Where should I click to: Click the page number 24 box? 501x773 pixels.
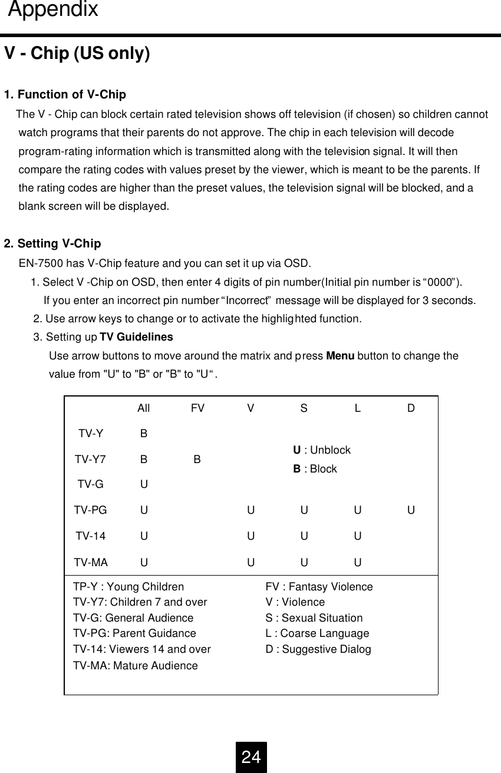coord(251,757)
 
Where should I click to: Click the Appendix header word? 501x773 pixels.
coord(54,11)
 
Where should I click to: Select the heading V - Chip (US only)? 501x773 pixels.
coord(77,54)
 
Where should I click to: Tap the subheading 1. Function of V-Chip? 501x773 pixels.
coord(65,95)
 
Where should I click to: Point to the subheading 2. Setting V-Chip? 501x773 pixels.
coord(52,244)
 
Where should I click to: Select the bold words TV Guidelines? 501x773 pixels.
coord(136,338)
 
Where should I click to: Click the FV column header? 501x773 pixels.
coord(197,408)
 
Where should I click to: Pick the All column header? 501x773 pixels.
coord(143,408)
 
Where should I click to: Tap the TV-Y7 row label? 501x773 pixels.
coord(90,459)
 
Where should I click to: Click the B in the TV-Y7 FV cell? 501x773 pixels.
coord(197,459)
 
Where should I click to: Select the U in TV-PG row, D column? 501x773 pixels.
coord(411,510)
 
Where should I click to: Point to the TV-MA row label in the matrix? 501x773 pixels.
coord(91,562)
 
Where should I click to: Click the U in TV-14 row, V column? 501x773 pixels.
coord(250,536)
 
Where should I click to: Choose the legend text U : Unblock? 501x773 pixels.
coord(322,450)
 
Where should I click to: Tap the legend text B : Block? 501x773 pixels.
coord(315,469)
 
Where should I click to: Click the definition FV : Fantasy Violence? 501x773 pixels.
coord(319,587)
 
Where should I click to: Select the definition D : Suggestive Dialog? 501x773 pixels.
coord(318,649)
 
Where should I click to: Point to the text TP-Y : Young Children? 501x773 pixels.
coord(128,587)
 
